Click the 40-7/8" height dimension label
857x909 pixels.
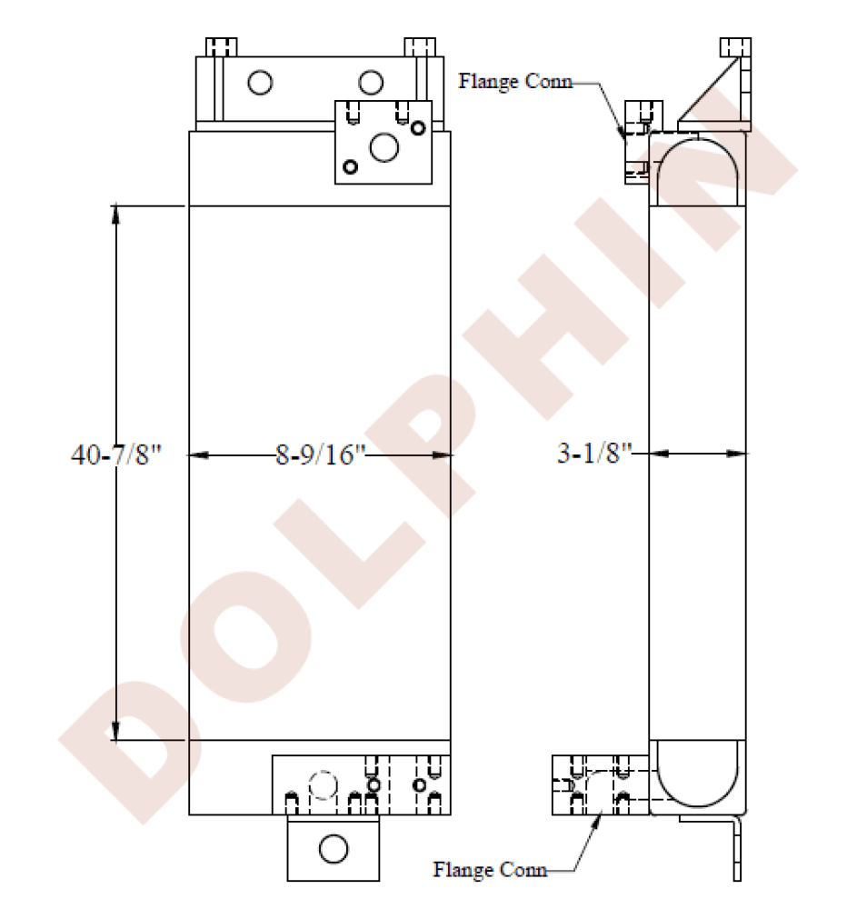(x=115, y=455)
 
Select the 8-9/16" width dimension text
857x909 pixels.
(x=321, y=455)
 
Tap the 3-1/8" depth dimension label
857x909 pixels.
(x=594, y=453)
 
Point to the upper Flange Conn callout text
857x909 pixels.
(x=515, y=81)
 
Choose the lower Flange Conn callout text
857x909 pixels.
(x=490, y=870)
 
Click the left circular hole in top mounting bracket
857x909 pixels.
(x=260, y=83)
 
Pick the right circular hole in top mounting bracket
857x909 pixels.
(x=370, y=83)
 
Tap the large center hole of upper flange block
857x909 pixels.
(x=384, y=147)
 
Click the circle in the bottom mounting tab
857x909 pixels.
(x=334, y=849)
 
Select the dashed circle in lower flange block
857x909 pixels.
(x=323, y=785)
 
